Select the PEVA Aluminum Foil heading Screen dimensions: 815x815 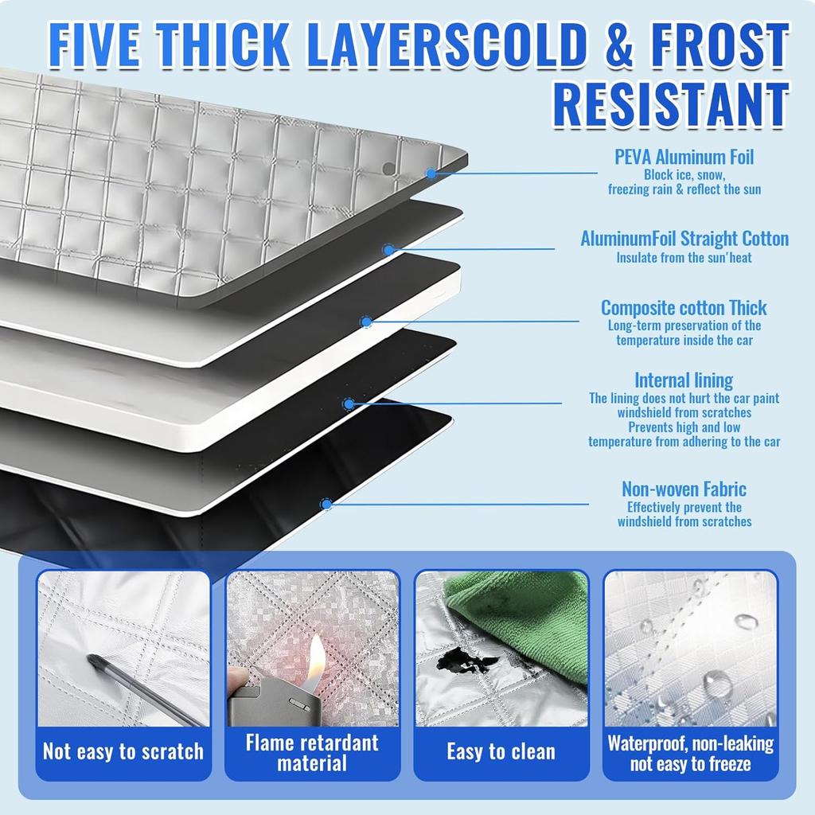click(x=684, y=157)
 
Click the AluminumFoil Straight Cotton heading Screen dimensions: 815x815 click(x=684, y=238)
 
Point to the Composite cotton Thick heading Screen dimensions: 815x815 click(x=684, y=307)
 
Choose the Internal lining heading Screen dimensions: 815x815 click(x=684, y=380)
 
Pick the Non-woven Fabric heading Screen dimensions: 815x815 click(x=684, y=489)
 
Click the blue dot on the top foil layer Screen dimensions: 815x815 click(x=431, y=173)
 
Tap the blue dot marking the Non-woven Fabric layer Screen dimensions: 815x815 click(x=326, y=504)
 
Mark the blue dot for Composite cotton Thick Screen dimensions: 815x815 click(x=365, y=322)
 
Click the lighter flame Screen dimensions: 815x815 click(x=316, y=657)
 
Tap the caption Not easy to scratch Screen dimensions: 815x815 click(x=123, y=751)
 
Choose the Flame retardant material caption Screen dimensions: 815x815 click(x=312, y=753)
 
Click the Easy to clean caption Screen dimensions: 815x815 click(x=501, y=751)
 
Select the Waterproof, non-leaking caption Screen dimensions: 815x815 click(x=690, y=754)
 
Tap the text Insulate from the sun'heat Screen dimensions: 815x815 click(x=684, y=258)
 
